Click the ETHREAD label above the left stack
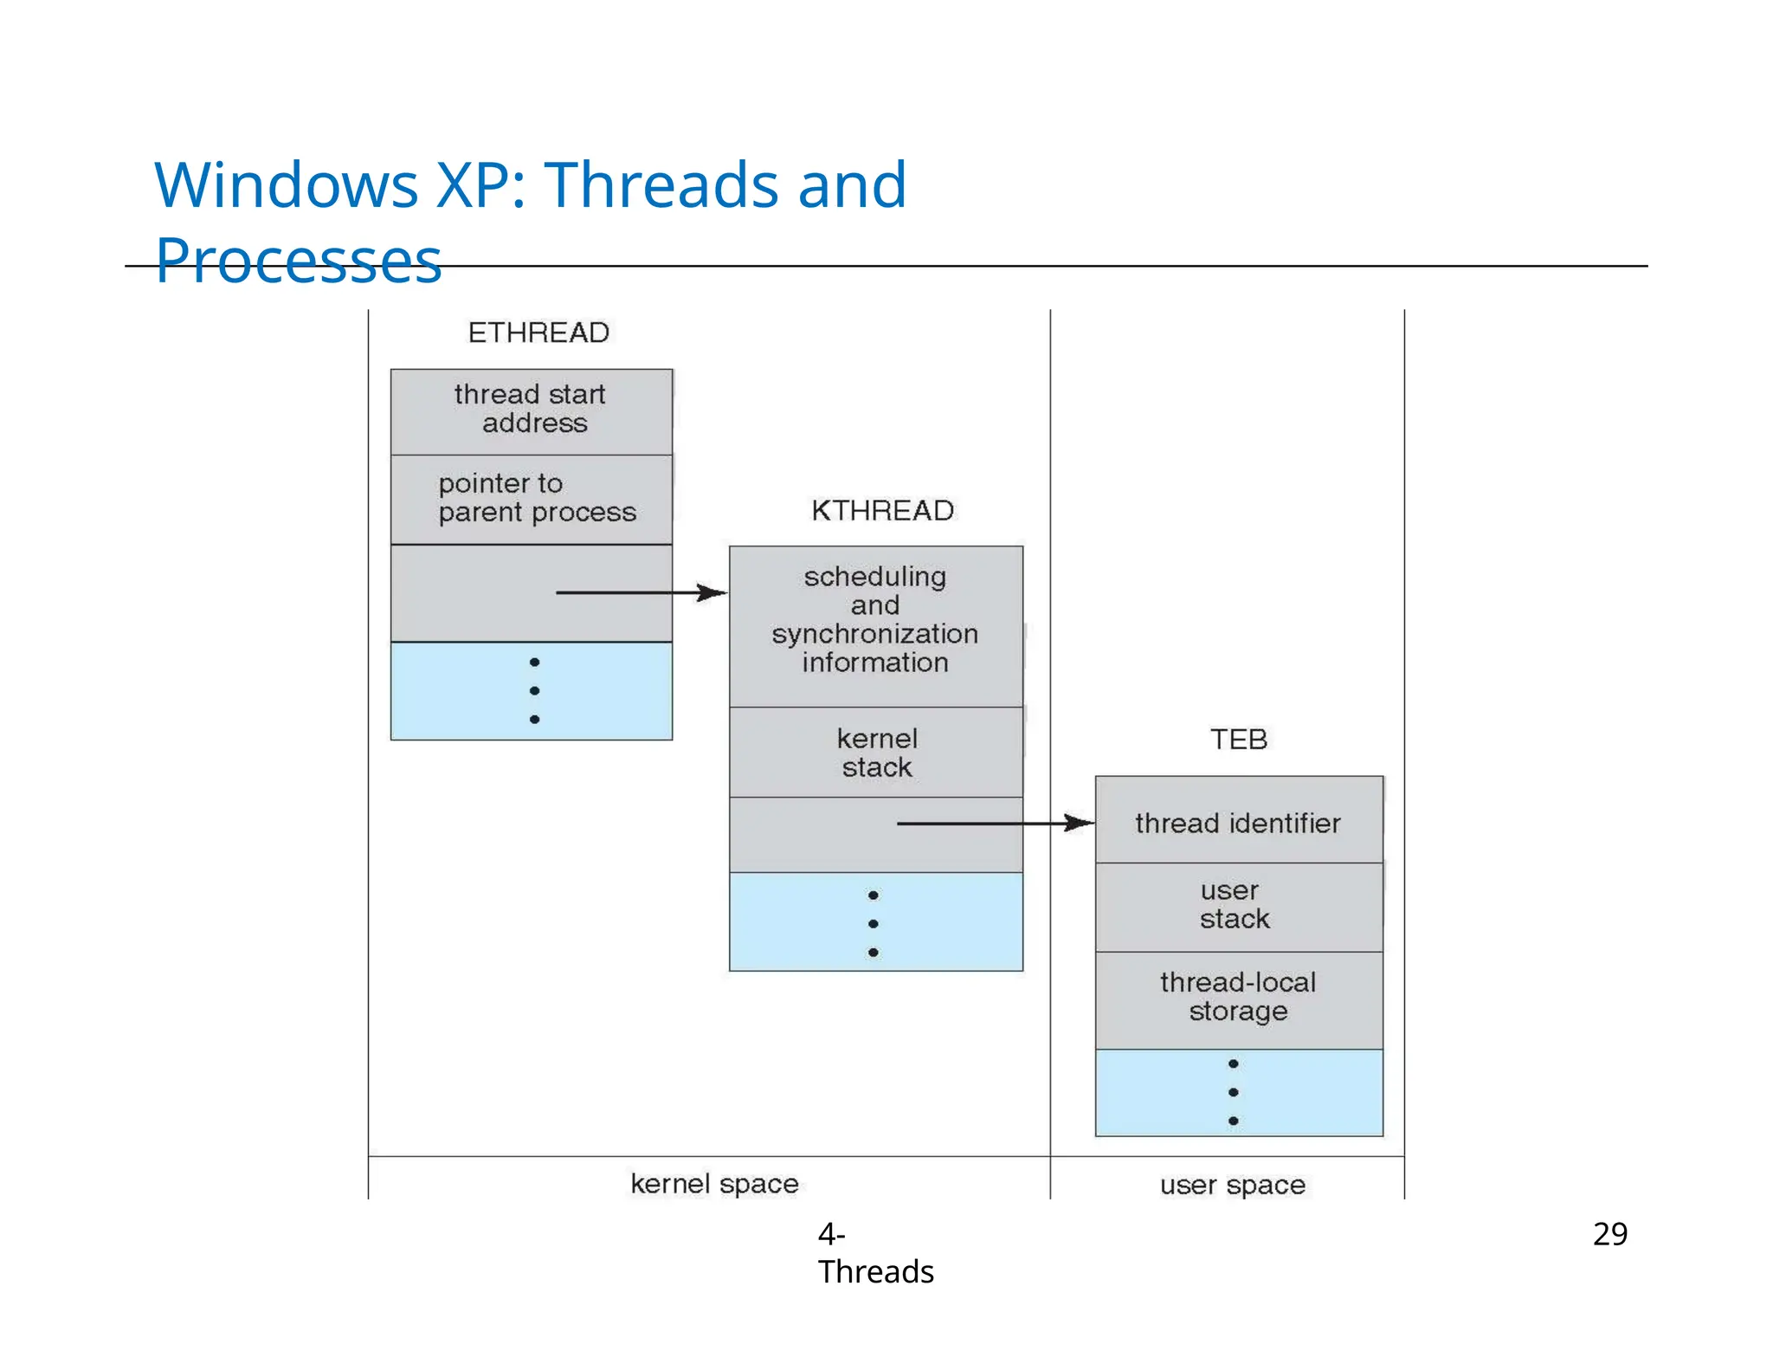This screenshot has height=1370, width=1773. [538, 333]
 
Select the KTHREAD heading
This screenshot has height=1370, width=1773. [882, 510]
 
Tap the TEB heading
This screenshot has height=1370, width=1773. [1238, 739]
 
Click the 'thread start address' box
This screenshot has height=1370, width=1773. [531, 410]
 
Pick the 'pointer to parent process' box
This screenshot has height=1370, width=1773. [531, 498]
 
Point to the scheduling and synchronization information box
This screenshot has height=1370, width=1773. [875, 620]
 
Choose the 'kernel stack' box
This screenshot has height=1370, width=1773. [876, 753]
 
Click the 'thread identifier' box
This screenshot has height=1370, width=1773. [1238, 822]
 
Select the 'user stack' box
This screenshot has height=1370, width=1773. [1238, 905]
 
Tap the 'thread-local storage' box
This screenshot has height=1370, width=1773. [1238, 998]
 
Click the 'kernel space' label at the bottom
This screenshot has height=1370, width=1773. [714, 1184]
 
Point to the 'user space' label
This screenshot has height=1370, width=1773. [1232, 1185]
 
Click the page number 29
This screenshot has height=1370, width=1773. [1609, 1233]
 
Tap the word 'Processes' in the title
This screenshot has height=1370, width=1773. [299, 261]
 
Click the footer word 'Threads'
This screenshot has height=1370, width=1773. [875, 1271]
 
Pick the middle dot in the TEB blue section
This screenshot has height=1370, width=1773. [1233, 1092]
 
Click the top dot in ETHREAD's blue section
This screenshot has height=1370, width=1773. [534, 662]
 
